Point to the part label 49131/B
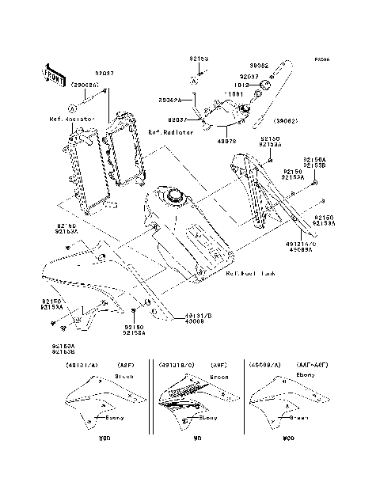[x=176, y=313]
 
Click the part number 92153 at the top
[x=198, y=58]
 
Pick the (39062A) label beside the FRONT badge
[x=85, y=83]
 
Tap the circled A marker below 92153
[x=192, y=81]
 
